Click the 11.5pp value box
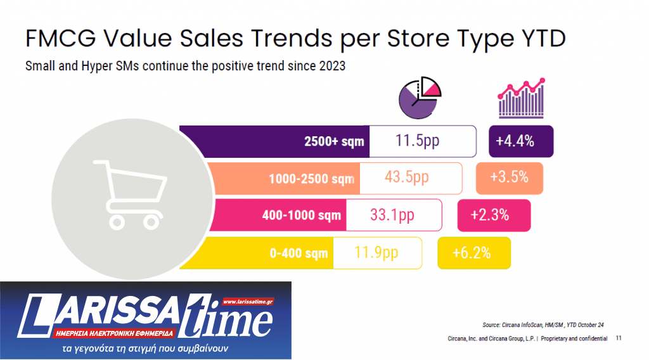point(422,141)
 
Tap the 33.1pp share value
point(392,215)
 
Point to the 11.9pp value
point(376,252)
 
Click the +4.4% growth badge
point(522,141)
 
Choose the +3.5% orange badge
point(509,177)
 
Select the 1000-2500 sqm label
point(311,179)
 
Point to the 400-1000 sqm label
point(302,215)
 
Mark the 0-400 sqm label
point(299,253)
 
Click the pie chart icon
point(419,99)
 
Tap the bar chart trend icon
point(521,99)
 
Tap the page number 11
point(618,338)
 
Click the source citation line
point(543,325)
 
